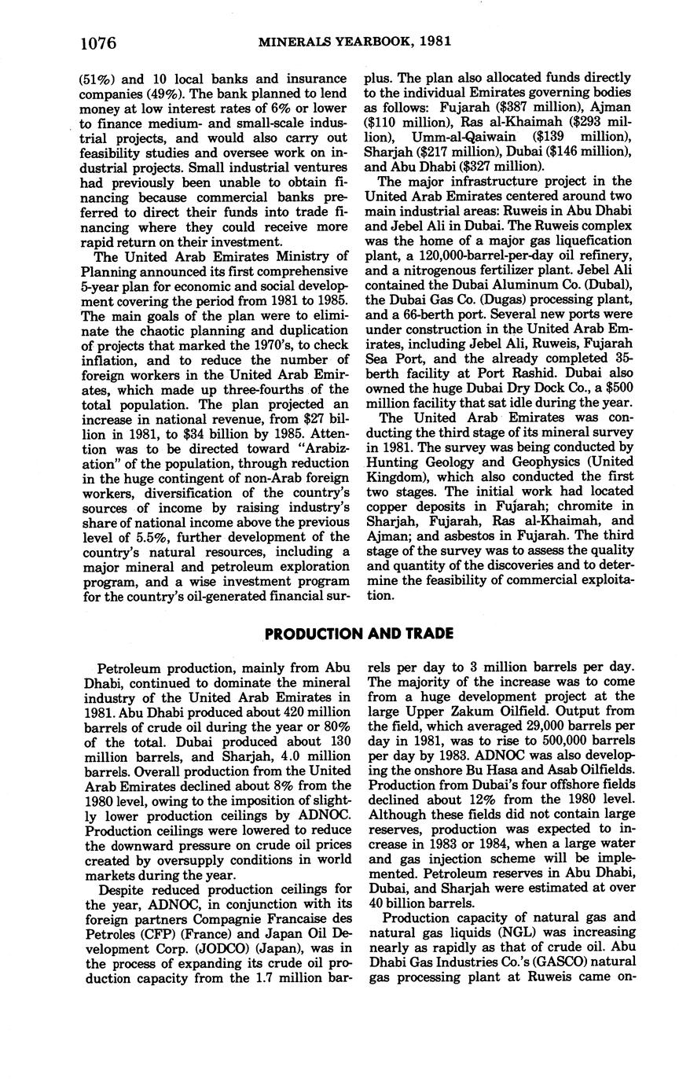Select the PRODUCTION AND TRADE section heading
click(358, 634)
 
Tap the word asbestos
click(445, 523)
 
